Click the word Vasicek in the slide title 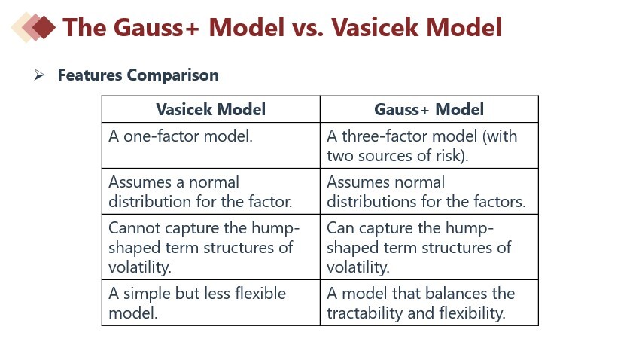point(375,27)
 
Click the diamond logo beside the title point(34,27)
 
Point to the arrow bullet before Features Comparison point(39,75)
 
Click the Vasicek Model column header point(211,109)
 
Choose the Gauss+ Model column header point(429,109)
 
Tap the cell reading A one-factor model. point(181,136)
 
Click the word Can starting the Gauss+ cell point(341,227)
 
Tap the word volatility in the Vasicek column point(140,267)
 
